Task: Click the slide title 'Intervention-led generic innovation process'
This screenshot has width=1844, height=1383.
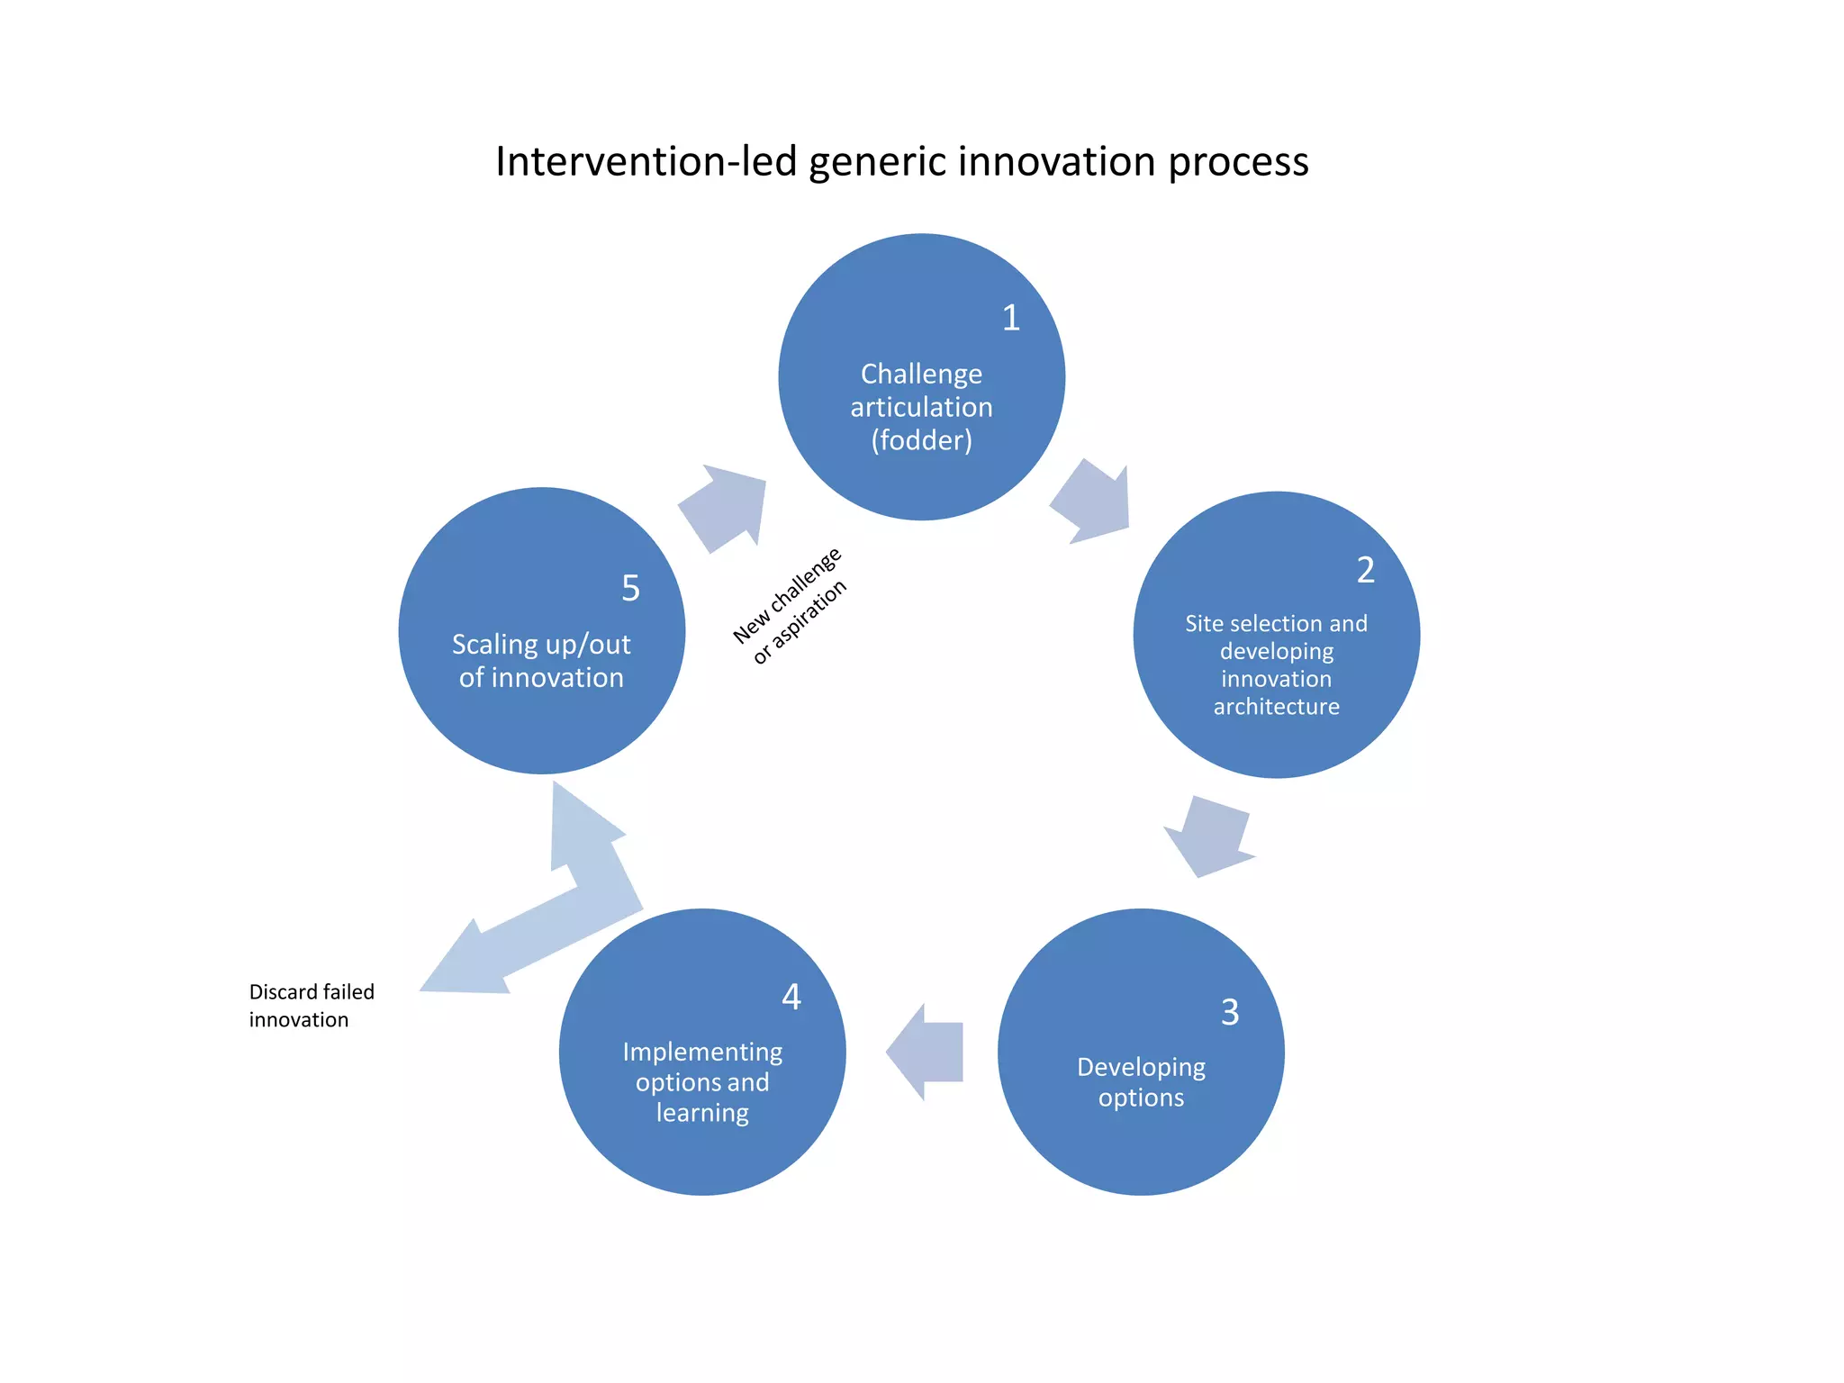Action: (x=901, y=162)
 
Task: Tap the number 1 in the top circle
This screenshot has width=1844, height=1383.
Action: (x=1010, y=318)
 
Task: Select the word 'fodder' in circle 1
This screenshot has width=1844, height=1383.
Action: (x=921, y=440)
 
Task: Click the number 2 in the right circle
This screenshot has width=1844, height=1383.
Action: (x=1365, y=570)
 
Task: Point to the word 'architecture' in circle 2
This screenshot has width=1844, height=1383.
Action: (x=1276, y=707)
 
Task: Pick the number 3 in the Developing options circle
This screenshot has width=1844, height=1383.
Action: (x=1230, y=1013)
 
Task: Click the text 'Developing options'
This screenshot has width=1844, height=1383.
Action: (x=1141, y=1082)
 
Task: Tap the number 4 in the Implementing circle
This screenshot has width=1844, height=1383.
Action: (x=791, y=997)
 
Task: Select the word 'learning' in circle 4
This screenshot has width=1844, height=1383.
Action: (x=702, y=1113)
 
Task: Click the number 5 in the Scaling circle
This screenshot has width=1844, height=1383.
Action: (x=630, y=589)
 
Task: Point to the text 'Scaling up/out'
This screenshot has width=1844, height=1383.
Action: (x=541, y=645)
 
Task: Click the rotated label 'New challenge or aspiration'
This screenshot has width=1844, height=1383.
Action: (x=791, y=606)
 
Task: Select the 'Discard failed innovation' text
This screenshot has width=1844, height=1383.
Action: (x=311, y=1006)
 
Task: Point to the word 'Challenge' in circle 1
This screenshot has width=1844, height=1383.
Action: (x=921, y=374)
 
